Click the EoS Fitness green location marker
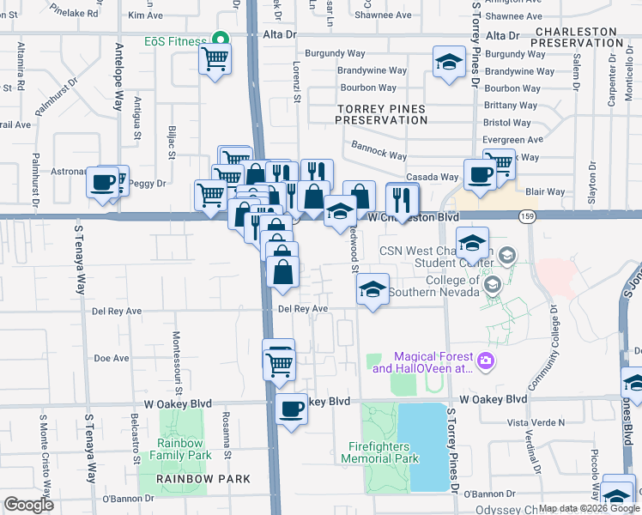pyautogui.click(x=221, y=39)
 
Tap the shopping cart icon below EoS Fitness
pyautogui.click(x=215, y=60)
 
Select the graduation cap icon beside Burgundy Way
pyautogui.click(x=448, y=64)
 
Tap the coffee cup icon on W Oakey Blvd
pyautogui.click(x=292, y=408)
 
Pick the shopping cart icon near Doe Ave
pyautogui.click(x=279, y=364)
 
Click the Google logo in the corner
pyautogui.click(x=28, y=505)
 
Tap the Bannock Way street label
pyautogui.click(x=379, y=152)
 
